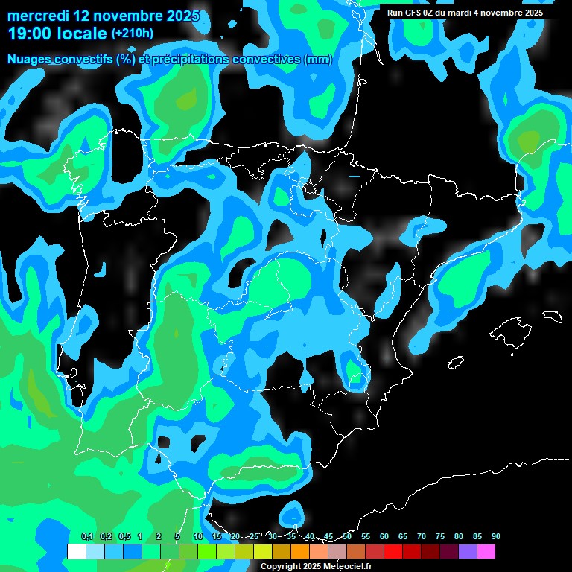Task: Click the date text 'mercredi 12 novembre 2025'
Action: (103, 16)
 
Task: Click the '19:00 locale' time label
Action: (57, 34)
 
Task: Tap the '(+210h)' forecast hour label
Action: (132, 34)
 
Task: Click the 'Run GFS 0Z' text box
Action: (465, 13)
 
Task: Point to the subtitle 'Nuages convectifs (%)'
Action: (71, 60)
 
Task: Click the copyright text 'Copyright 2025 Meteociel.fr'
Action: (316, 567)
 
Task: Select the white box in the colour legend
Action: (76, 552)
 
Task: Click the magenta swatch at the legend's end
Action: (486, 552)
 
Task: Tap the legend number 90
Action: (495, 536)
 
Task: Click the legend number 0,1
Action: (86, 536)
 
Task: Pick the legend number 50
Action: (347, 536)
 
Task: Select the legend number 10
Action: (198, 536)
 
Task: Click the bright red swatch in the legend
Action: (393, 552)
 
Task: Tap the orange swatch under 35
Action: (300, 552)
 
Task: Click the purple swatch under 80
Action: (468, 552)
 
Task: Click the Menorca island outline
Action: (552, 316)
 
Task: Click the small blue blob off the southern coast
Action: (293, 513)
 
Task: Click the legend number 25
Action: (254, 536)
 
